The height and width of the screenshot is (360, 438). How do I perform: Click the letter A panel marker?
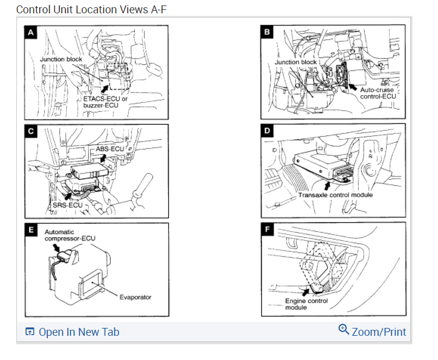coord(31,33)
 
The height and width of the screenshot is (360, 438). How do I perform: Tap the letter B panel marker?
coord(267,32)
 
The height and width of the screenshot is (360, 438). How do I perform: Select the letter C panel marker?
coord(31,131)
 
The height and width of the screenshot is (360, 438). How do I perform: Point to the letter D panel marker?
coord(267,131)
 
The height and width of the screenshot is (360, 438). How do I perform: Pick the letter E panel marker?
coord(31,229)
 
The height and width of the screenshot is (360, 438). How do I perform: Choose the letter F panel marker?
coord(267,229)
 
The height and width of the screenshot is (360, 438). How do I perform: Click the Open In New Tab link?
coord(73,332)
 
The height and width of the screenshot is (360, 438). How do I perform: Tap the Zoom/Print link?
coord(379,332)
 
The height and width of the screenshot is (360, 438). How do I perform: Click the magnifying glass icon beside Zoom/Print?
coord(344,329)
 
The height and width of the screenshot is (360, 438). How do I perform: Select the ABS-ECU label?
coord(109,149)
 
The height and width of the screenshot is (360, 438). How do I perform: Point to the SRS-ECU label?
coord(68,205)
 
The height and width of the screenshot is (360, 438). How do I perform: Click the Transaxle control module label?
coord(335,195)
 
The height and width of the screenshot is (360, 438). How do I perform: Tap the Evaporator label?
coord(136,297)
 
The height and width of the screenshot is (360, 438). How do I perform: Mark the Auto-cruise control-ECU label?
coord(378,93)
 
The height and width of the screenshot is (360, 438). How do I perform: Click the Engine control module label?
coord(307,304)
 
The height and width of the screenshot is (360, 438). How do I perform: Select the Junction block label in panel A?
coord(61,59)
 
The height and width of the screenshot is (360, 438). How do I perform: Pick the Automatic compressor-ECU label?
coord(70,235)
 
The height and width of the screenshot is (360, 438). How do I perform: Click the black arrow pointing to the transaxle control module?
coord(327,186)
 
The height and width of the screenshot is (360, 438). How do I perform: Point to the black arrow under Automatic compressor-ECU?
coord(56,247)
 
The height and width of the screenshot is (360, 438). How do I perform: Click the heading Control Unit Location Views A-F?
coord(91,10)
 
